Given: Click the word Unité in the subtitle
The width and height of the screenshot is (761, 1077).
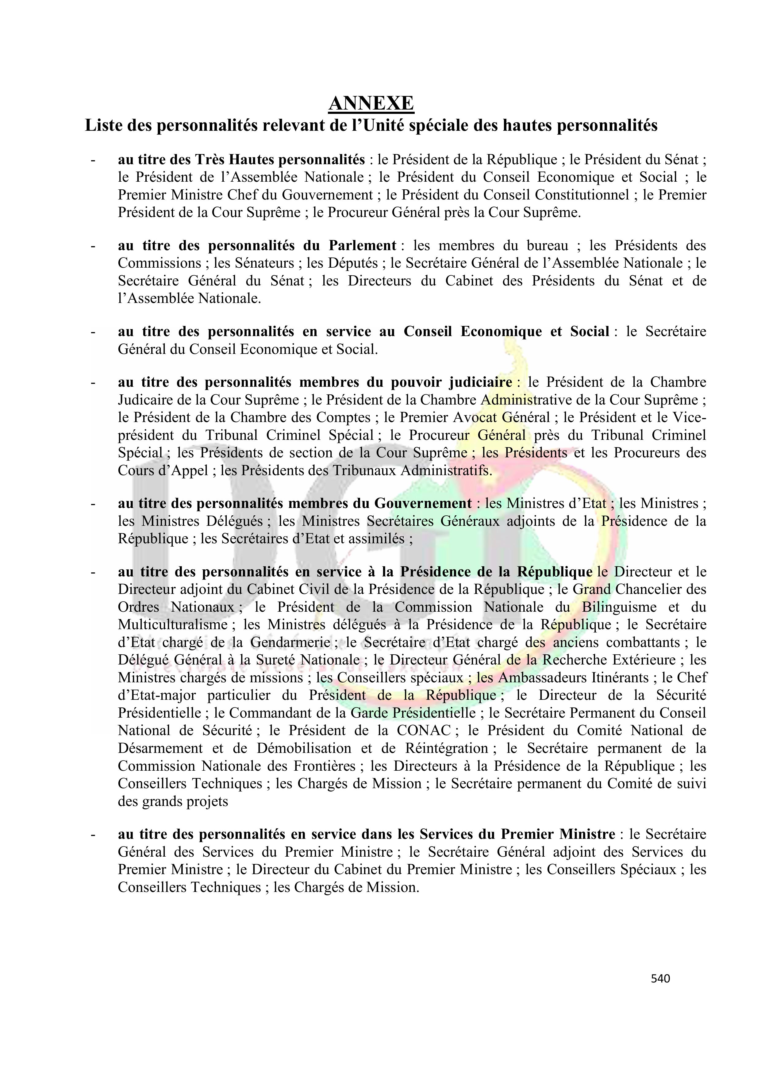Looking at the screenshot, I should point(371,126).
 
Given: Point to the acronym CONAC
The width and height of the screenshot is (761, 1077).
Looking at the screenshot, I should point(423,730).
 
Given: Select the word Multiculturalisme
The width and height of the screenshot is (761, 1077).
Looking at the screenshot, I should point(173,624).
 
